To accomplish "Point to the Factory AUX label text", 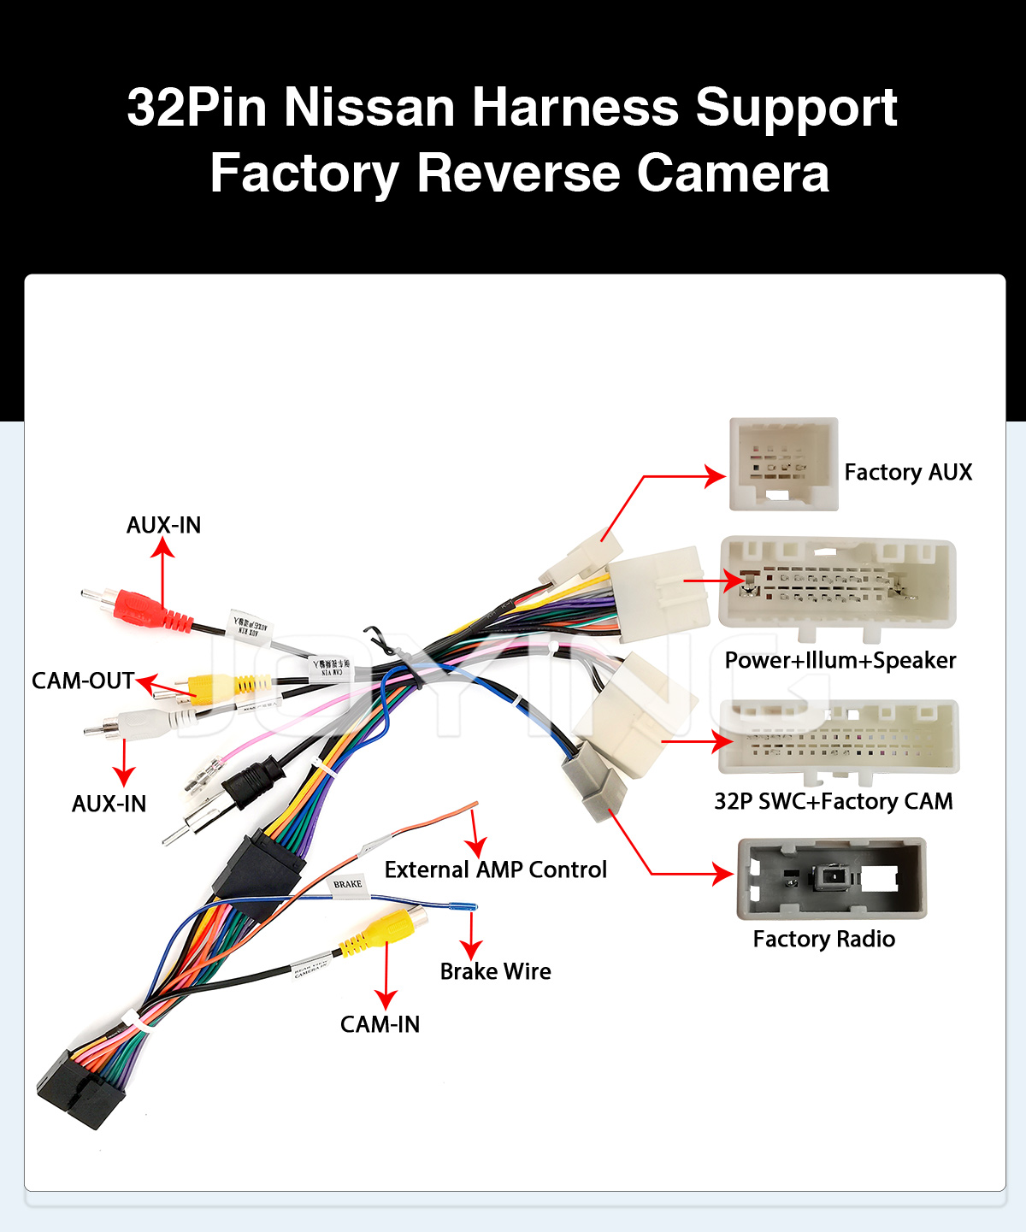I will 908,473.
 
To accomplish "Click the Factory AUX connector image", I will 783,464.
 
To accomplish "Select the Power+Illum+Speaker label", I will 840,661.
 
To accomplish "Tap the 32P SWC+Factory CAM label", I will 833,802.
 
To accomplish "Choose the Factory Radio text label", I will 823,940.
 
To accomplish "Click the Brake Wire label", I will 495,972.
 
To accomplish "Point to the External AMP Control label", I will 495,870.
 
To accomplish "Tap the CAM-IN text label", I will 380,1025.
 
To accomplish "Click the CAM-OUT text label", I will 83,681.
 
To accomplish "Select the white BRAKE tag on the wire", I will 348,885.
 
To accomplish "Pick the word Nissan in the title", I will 369,108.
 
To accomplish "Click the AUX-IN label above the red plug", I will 163,526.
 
